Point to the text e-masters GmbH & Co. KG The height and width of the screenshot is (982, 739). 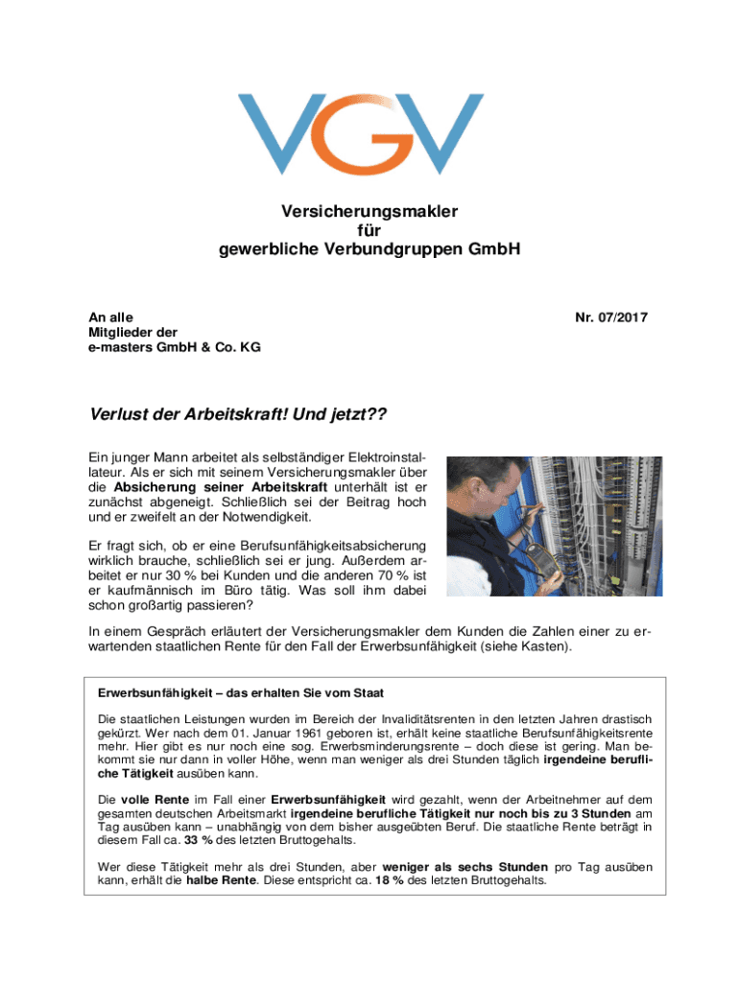175,347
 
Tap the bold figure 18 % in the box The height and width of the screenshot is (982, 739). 390,881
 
